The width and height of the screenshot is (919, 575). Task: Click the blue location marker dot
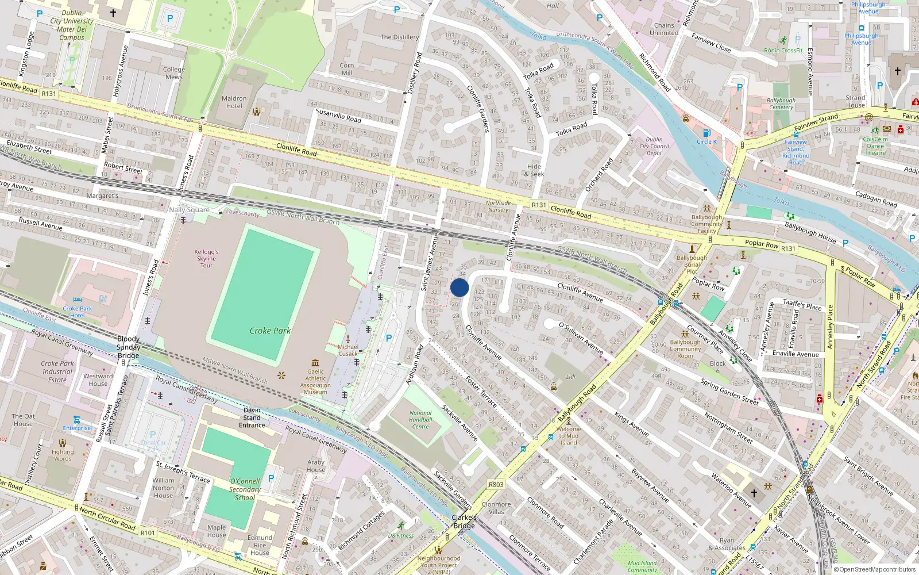pos(459,287)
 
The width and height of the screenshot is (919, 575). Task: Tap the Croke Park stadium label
pos(270,331)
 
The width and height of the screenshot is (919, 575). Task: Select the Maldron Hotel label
pos(234,102)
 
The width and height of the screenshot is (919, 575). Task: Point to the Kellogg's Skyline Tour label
pos(206,259)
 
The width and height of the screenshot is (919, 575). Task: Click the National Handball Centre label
pos(420,420)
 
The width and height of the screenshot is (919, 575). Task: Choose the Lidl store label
pos(570,377)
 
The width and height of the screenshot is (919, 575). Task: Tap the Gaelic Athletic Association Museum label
pos(315,381)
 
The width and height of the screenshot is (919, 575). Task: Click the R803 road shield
pos(496,485)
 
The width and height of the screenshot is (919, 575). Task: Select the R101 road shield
pos(148,533)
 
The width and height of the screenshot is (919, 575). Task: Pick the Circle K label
pos(706,141)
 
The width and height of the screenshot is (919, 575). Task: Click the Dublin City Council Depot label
pos(654,146)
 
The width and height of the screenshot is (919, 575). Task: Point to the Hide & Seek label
pos(534,170)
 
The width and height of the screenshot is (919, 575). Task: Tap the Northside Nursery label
pos(498,206)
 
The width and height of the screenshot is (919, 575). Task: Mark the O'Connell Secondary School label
pos(245,489)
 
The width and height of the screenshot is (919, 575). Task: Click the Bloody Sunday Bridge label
pos(128,347)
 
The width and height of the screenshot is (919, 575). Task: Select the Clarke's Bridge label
pos(464,522)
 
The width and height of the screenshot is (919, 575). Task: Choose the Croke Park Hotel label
pos(78,312)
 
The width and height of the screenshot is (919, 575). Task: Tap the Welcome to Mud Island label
pos(569,436)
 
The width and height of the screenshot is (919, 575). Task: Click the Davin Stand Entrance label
pos(252,418)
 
